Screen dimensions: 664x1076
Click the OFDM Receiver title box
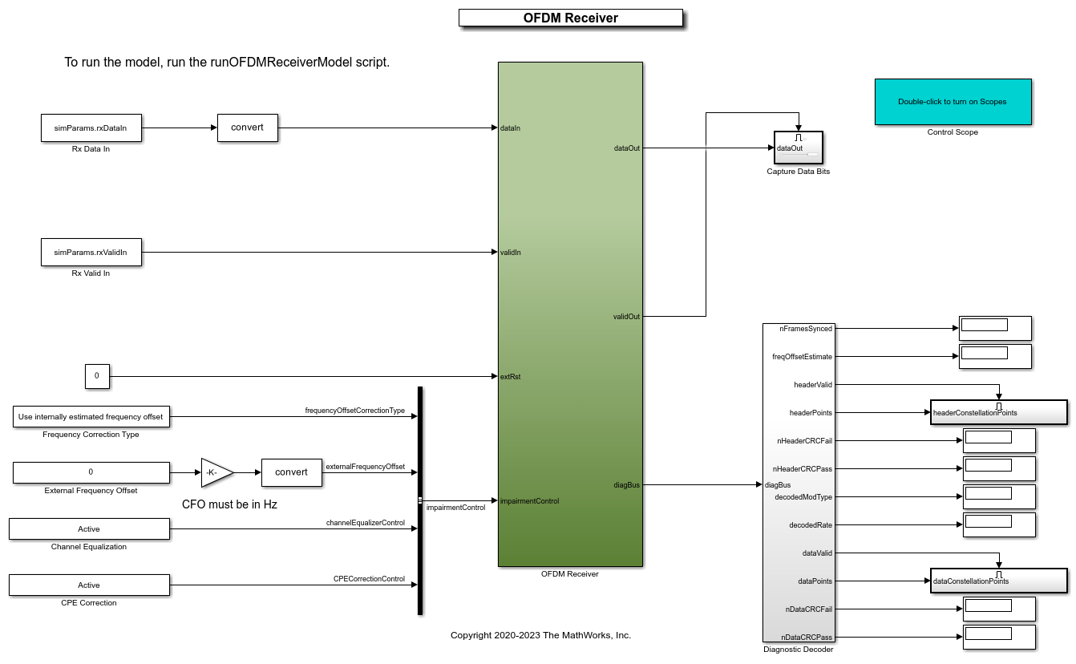(570, 18)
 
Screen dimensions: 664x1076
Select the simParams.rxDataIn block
(91, 128)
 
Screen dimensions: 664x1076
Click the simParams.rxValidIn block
(91, 252)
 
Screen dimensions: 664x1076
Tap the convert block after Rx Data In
(247, 128)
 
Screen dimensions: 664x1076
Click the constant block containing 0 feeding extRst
(97, 376)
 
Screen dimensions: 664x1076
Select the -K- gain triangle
(216, 472)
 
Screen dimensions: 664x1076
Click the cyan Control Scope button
(953, 102)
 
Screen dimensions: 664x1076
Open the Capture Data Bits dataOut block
(799, 148)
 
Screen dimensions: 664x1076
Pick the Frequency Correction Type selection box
(91, 416)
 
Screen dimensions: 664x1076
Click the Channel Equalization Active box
(89, 528)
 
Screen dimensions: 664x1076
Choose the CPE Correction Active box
(89, 585)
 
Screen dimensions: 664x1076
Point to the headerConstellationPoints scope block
(998, 412)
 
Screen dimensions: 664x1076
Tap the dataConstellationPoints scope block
(998, 581)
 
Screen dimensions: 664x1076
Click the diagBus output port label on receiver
(627, 484)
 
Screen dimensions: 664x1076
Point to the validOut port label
(626, 317)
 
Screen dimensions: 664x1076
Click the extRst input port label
(510, 376)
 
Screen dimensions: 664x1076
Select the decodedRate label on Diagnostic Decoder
(811, 525)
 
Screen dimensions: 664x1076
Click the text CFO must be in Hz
(229, 504)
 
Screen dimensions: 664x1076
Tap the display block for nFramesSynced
(994, 328)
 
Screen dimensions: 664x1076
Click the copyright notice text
(540, 635)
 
